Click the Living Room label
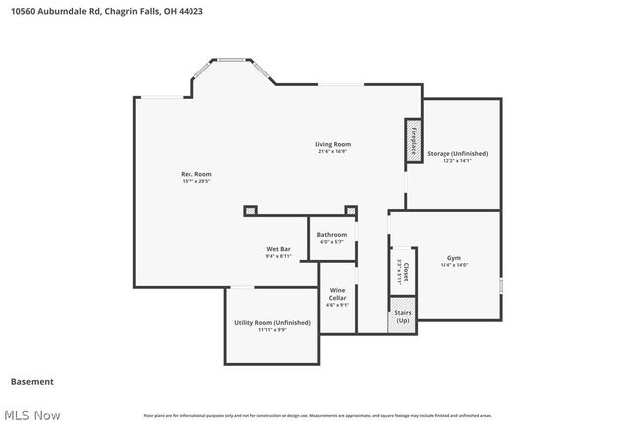[334, 144]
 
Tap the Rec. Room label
[196, 174]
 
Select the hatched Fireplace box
[412, 140]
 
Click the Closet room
[400, 270]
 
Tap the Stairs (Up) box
[402, 318]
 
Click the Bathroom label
[331, 235]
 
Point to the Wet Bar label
[277, 248]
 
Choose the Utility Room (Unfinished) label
[272, 322]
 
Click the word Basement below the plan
[32, 381]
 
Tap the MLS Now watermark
[31, 414]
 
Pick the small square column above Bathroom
[350, 210]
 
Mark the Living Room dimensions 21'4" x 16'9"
[334, 151]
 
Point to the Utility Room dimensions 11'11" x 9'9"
[272, 330]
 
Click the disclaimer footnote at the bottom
[317, 415]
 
